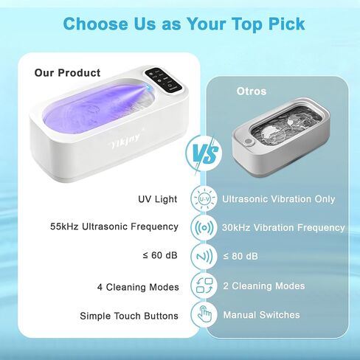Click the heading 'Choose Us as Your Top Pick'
click(184, 24)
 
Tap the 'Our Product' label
click(67, 73)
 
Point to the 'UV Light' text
click(158, 199)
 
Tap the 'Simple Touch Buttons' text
click(129, 316)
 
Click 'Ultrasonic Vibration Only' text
click(278, 199)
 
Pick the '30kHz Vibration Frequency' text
click(283, 227)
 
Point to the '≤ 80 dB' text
click(241, 256)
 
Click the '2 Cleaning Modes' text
click(263, 285)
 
